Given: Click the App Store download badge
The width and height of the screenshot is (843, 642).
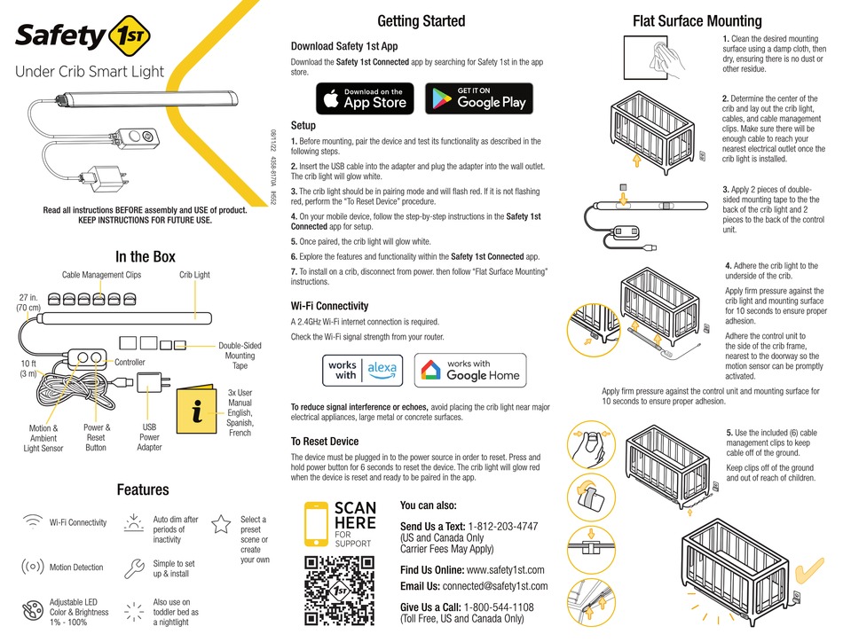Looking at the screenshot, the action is pyautogui.click(x=365, y=98).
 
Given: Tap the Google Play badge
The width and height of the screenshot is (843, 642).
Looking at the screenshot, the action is pyautogui.click(x=479, y=98).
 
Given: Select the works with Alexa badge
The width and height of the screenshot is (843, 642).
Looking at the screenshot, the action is pyautogui.click(x=363, y=370).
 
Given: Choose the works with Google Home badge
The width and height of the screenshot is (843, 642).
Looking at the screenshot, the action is pyautogui.click(x=470, y=370).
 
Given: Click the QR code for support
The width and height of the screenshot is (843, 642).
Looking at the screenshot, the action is pyautogui.click(x=339, y=591).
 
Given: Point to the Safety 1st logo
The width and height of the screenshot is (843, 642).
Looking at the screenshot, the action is pyautogui.click(x=83, y=35).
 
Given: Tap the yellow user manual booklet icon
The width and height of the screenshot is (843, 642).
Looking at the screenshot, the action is pyautogui.click(x=197, y=410).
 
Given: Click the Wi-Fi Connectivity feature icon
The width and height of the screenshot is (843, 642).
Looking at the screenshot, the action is pyautogui.click(x=33, y=521).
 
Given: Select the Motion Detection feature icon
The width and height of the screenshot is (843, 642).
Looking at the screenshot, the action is pyautogui.click(x=32, y=567).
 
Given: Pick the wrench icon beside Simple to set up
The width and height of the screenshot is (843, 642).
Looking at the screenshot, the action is pyautogui.click(x=134, y=568).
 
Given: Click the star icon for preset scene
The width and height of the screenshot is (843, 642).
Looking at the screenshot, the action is pyautogui.click(x=221, y=524).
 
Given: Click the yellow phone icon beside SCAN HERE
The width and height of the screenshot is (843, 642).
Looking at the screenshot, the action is pyautogui.click(x=316, y=524).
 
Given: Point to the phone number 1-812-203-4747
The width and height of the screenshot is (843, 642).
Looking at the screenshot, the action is pyautogui.click(x=502, y=527).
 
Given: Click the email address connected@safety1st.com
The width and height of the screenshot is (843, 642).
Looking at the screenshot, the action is pyautogui.click(x=495, y=586).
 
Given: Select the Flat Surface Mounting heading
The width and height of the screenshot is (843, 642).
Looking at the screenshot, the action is pyautogui.click(x=697, y=21).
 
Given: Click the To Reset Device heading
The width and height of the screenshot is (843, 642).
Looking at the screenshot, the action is pyautogui.click(x=325, y=442).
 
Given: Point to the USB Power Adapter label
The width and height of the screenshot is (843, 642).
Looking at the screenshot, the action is pyautogui.click(x=149, y=437).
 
